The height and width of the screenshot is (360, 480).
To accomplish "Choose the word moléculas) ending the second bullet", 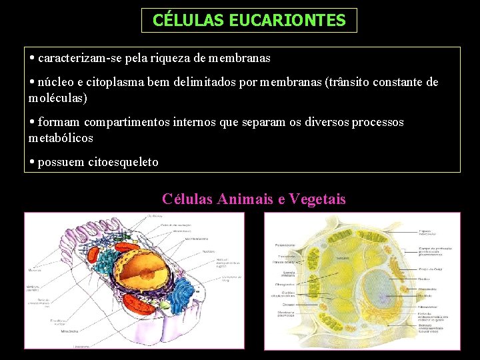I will tap(58, 98).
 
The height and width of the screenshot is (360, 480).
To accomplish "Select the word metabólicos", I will tap(61, 139).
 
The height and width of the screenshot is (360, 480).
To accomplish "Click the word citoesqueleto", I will tap(123, 162).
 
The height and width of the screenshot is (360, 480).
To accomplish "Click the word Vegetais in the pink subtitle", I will tap(318, 199).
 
